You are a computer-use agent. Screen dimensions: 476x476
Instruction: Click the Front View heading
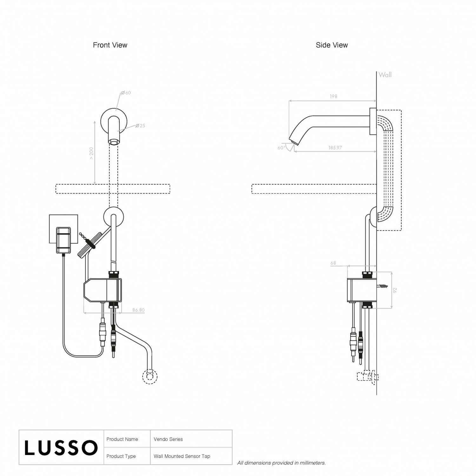pyautogui.click(x=110, y=45)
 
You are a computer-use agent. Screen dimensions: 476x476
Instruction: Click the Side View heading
pyautogui.click(x=332, y=45)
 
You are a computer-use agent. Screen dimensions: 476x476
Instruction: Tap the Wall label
pyautogui.click(x=385, y=75)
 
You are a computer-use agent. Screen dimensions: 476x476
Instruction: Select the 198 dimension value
pyautogui.click(x=333, y=96)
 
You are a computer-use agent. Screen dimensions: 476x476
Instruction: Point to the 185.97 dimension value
pyautogui.click(x=335, y=148)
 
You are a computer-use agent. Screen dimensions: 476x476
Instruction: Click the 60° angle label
pyautogui.click(x=281, y=148)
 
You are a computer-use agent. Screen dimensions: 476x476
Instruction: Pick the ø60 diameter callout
pyautogui.click(x=126, y=93)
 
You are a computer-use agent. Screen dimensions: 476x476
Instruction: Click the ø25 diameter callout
pyautogui.click(x=140, y=126)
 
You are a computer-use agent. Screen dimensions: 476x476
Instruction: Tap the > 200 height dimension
pyautogui.click(x=91, y=153)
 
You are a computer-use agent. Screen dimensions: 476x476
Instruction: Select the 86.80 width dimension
pyautogui.click(x=138, y=310)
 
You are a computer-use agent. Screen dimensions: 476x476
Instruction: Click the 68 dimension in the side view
pyautogui.click(x=333, y=263)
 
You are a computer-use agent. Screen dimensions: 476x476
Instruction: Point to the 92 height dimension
pyautogui.click(x=395, y=290)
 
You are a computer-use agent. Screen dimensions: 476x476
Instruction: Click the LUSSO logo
pyautogui.click(x=61, y=447)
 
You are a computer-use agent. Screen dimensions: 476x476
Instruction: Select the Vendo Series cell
pyautogui.click(x=168, y=439)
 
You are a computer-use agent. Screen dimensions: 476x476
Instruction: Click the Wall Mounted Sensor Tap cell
pyautogui.click(x=182, y=456)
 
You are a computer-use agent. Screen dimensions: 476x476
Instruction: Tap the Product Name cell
pyautogui.click(x=122, y=439)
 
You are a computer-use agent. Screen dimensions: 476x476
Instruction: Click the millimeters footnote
pyautogui.click(x=281, y=463)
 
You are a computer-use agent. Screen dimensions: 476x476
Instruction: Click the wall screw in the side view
pyautogui.click(x=383, y=286)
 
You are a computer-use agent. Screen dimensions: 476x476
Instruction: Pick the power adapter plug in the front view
pyautogui.click(x=63, y=240)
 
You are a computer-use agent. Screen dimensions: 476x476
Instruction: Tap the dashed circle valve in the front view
pyautogui.click(x=150, y=377)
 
